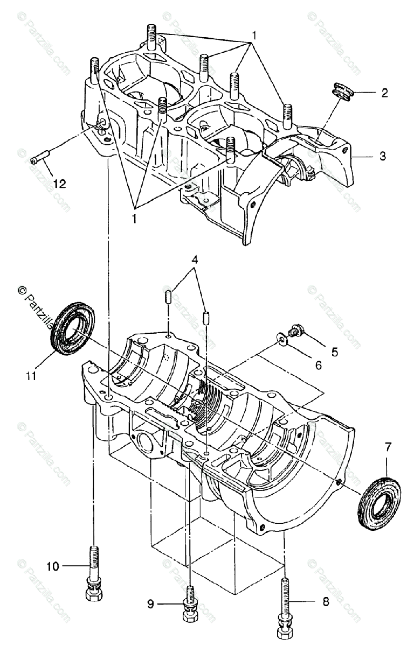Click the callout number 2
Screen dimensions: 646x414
(384, 93)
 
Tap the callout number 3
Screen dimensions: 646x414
(382, 157)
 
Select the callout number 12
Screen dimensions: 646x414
(59, 184)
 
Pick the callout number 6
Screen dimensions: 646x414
(318, 365)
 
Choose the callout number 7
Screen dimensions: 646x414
(388, 446)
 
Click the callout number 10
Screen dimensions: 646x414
(52, 566)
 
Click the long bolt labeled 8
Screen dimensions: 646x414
(284, 606)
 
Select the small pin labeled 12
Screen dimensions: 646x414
(40, 158)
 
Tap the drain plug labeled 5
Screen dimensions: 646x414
(296, 330)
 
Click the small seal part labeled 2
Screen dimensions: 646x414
(341, 90)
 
